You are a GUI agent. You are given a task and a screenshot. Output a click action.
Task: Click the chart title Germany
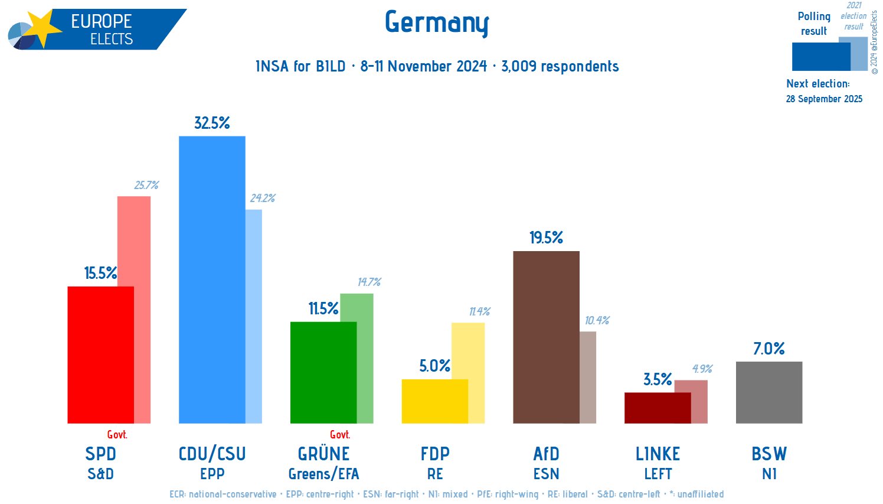(x=437, y=22)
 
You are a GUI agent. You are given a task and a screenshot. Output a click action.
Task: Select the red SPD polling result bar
(x=100, y=355)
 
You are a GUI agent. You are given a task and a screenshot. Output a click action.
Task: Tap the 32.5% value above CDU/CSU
(x=212, y=123)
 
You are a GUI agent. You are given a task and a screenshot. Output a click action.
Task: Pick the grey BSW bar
(x=768, y=392)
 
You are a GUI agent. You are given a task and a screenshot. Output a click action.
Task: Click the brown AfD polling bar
(x=546, y=337)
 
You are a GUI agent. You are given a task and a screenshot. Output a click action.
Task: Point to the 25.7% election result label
(x=146, y=185)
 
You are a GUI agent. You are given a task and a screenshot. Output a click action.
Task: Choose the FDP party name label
(x=435, y=454)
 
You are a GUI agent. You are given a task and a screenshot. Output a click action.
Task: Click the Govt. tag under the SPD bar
(x=117, y=434)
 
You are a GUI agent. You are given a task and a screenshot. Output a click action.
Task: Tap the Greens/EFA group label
(x=323, y=474)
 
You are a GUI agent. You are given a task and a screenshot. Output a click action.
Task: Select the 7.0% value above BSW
(x=768, y=349)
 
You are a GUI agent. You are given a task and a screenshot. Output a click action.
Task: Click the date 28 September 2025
(x=823, y=99)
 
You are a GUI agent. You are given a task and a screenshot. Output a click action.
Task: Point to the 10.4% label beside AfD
(x=597, y=320)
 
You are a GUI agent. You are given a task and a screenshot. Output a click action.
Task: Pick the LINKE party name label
(x=658, y=454)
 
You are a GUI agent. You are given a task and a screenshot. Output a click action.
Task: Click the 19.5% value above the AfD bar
(x=546, y=238)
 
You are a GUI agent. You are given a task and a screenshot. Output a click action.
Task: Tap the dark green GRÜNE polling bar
(x=323, y=372)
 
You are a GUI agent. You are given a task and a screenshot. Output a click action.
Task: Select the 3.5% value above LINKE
(x=658, y=379)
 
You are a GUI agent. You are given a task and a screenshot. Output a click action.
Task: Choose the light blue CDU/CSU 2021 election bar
(x=254, y=316)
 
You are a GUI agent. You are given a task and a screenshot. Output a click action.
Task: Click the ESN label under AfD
(x=546, y=474)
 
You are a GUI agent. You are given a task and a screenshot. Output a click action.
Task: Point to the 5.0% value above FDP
(x=435, y=366)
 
